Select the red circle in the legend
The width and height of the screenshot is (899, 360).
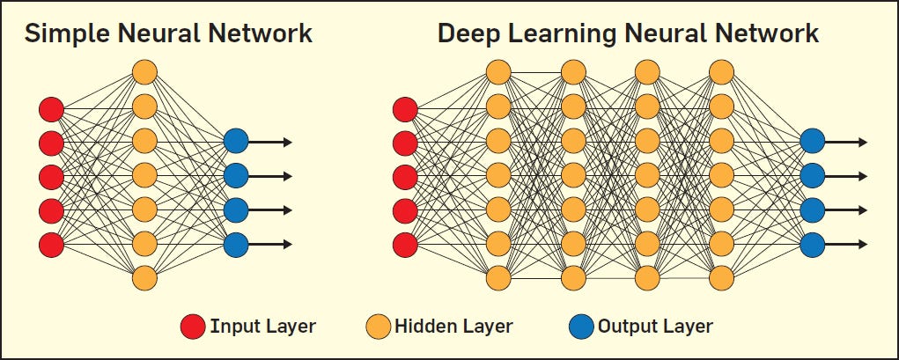[192, 327]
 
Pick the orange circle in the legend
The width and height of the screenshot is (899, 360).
[378, 327]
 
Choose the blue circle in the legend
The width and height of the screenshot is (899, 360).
[581, 327]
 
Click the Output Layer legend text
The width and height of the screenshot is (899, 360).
[655, 327]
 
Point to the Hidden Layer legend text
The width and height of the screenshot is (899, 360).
[453, 327]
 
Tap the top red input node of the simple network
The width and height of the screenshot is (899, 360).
[52, 109]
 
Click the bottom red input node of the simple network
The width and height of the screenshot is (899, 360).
[52, 244]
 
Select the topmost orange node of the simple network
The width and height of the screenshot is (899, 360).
[144, 71]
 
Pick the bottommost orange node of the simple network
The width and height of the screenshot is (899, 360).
[144, 278]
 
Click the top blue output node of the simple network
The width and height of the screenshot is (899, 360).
[236, 142]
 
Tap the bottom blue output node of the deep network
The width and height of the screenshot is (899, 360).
[812, 243]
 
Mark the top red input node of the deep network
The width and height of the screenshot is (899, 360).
[405, 109]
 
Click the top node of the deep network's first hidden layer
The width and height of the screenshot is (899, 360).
[497, 71]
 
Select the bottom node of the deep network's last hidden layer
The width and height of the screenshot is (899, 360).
[720, 278]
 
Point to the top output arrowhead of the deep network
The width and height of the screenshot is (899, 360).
[863, 142]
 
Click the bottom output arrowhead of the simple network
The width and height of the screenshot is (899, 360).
[287, 244]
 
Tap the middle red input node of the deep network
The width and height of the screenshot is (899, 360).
[405, 176]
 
